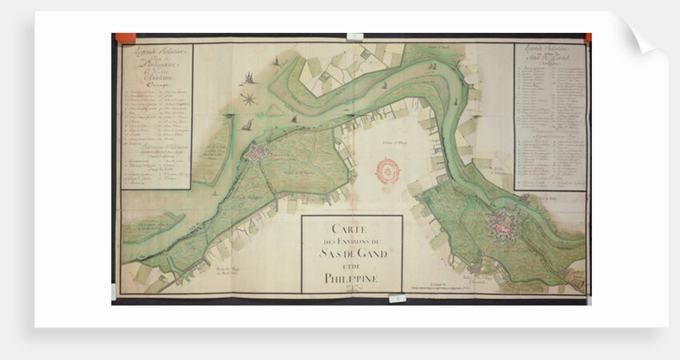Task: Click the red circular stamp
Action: click(x=388, y=171)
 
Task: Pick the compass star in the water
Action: click(x=249, y=98)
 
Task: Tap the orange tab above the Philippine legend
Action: click(x=126, y=37)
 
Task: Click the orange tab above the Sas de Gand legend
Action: click(x=587, y=38)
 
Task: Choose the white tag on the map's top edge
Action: click(x=355, y=36)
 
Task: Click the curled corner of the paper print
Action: click(x=645, y=36)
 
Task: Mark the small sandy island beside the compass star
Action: click(x=274, y=110)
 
